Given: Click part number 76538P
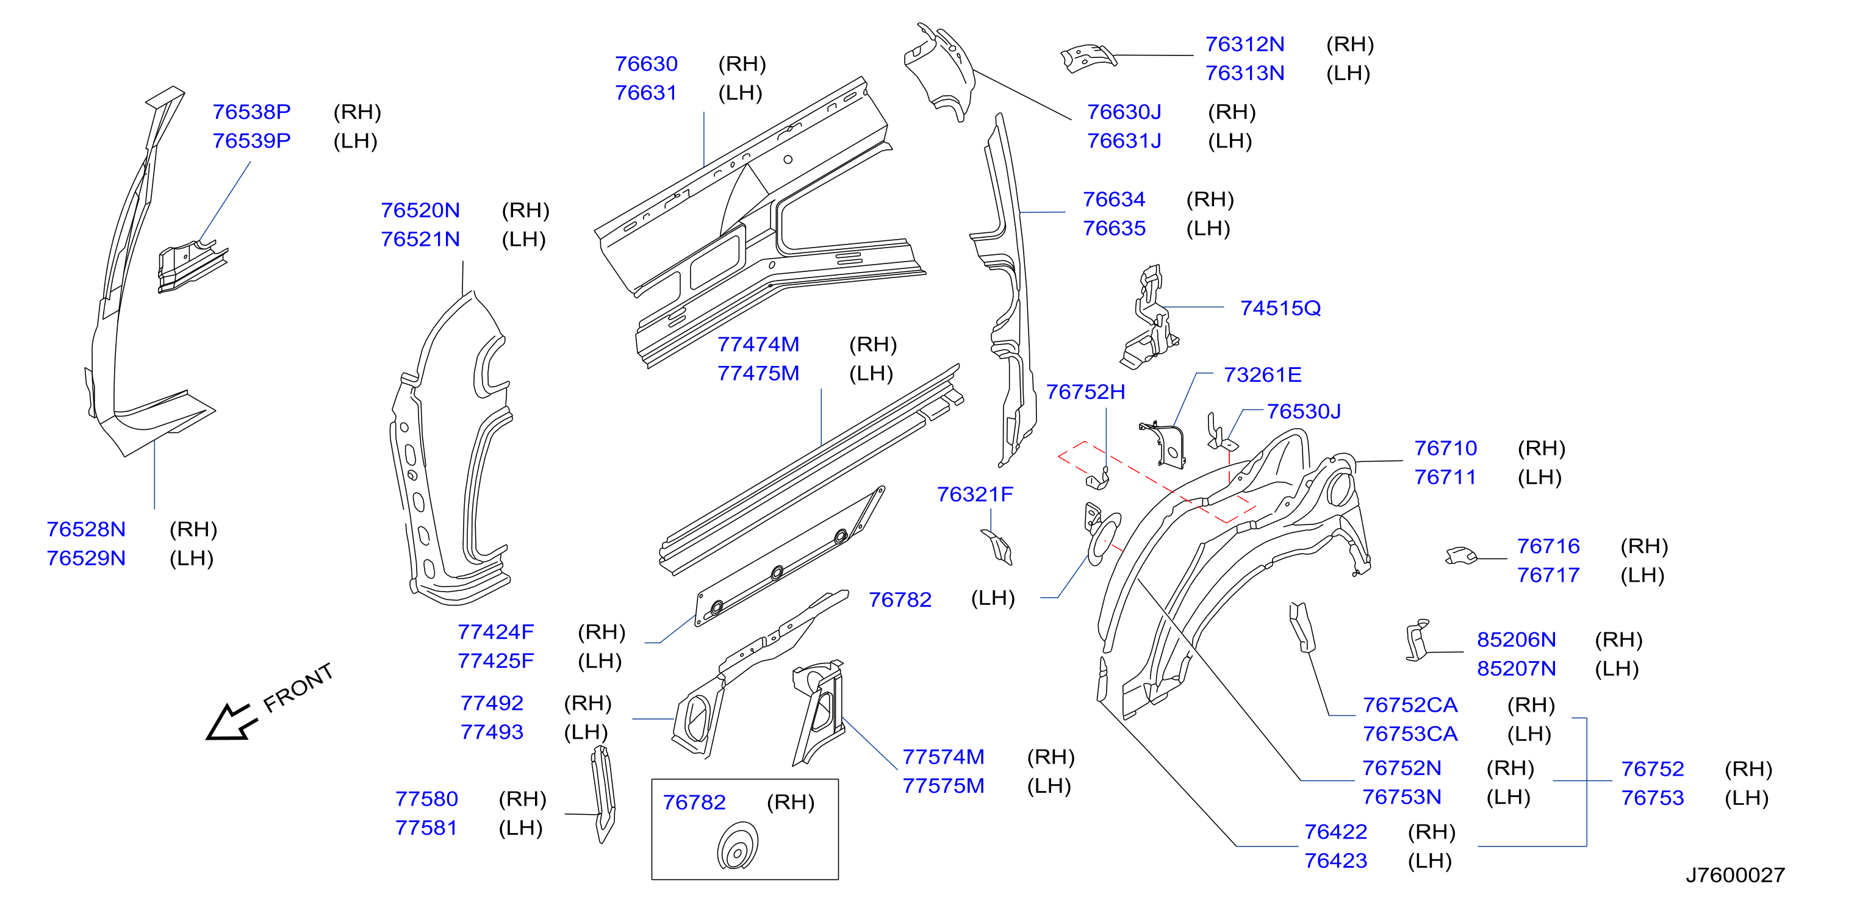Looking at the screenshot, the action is (x=251, y=112).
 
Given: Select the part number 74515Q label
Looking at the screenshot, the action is (x=1281, y=309).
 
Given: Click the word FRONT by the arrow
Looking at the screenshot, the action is (x=298, y=687).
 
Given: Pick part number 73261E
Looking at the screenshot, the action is (x=1262, y=374).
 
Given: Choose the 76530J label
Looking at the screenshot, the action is (x=1304, y=412).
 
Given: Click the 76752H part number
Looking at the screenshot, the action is (x=1086, y=392).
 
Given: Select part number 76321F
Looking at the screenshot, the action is (x=975, y=495).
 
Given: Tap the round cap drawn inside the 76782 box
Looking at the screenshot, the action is (x=738, y=846).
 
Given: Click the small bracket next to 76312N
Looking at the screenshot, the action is (x=1088, y=57).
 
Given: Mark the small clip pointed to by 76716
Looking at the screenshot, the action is (x=1461, y=556).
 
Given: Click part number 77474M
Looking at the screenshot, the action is (x=758, y=345).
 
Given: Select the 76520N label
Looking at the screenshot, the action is (x=420, y=210).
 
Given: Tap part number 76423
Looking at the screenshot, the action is (x=1336, y=861).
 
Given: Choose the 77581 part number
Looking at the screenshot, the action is (x=426, y=828).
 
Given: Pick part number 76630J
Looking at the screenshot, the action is (x=1124, y=112).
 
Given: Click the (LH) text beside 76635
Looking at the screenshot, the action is (x=1208, y=229).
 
